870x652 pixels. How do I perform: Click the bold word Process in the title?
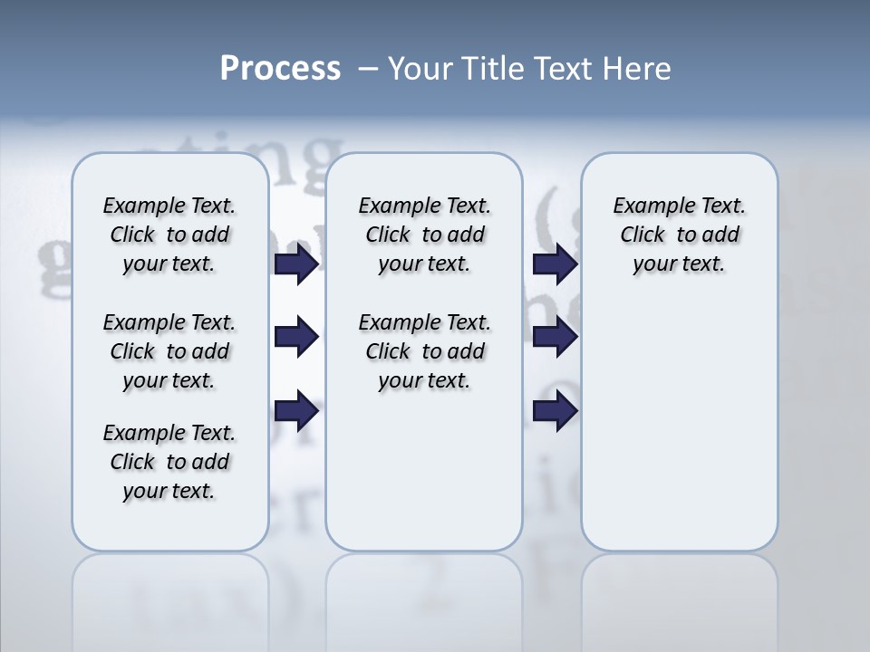pyautogui.click(x=280, y=69)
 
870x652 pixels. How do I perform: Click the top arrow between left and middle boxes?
pyautogui.click(x=296, y=264)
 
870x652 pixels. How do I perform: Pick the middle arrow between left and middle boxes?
pyautogui.click(x=296, y=338)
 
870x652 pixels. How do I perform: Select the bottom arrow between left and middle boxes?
pyautogui.click(x=296, y=411)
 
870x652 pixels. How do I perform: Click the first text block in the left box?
pyautogui.click(x=169, y=235)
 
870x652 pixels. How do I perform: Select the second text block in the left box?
pyautogui.click(x=169, y=351)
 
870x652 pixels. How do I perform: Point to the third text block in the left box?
pyautogui.click(x=169, y=462)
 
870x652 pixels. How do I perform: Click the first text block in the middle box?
pyautogui.click(x=425, y=235)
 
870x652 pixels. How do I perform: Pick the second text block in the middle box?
pyautogui.click(x=425, y=351)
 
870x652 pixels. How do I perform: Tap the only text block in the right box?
pyautogui.click(x=680, y=235)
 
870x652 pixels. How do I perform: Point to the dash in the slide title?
pyautogui.click(x=368, y=69)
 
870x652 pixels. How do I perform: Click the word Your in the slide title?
pyautogui.click(x=421, y=69)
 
